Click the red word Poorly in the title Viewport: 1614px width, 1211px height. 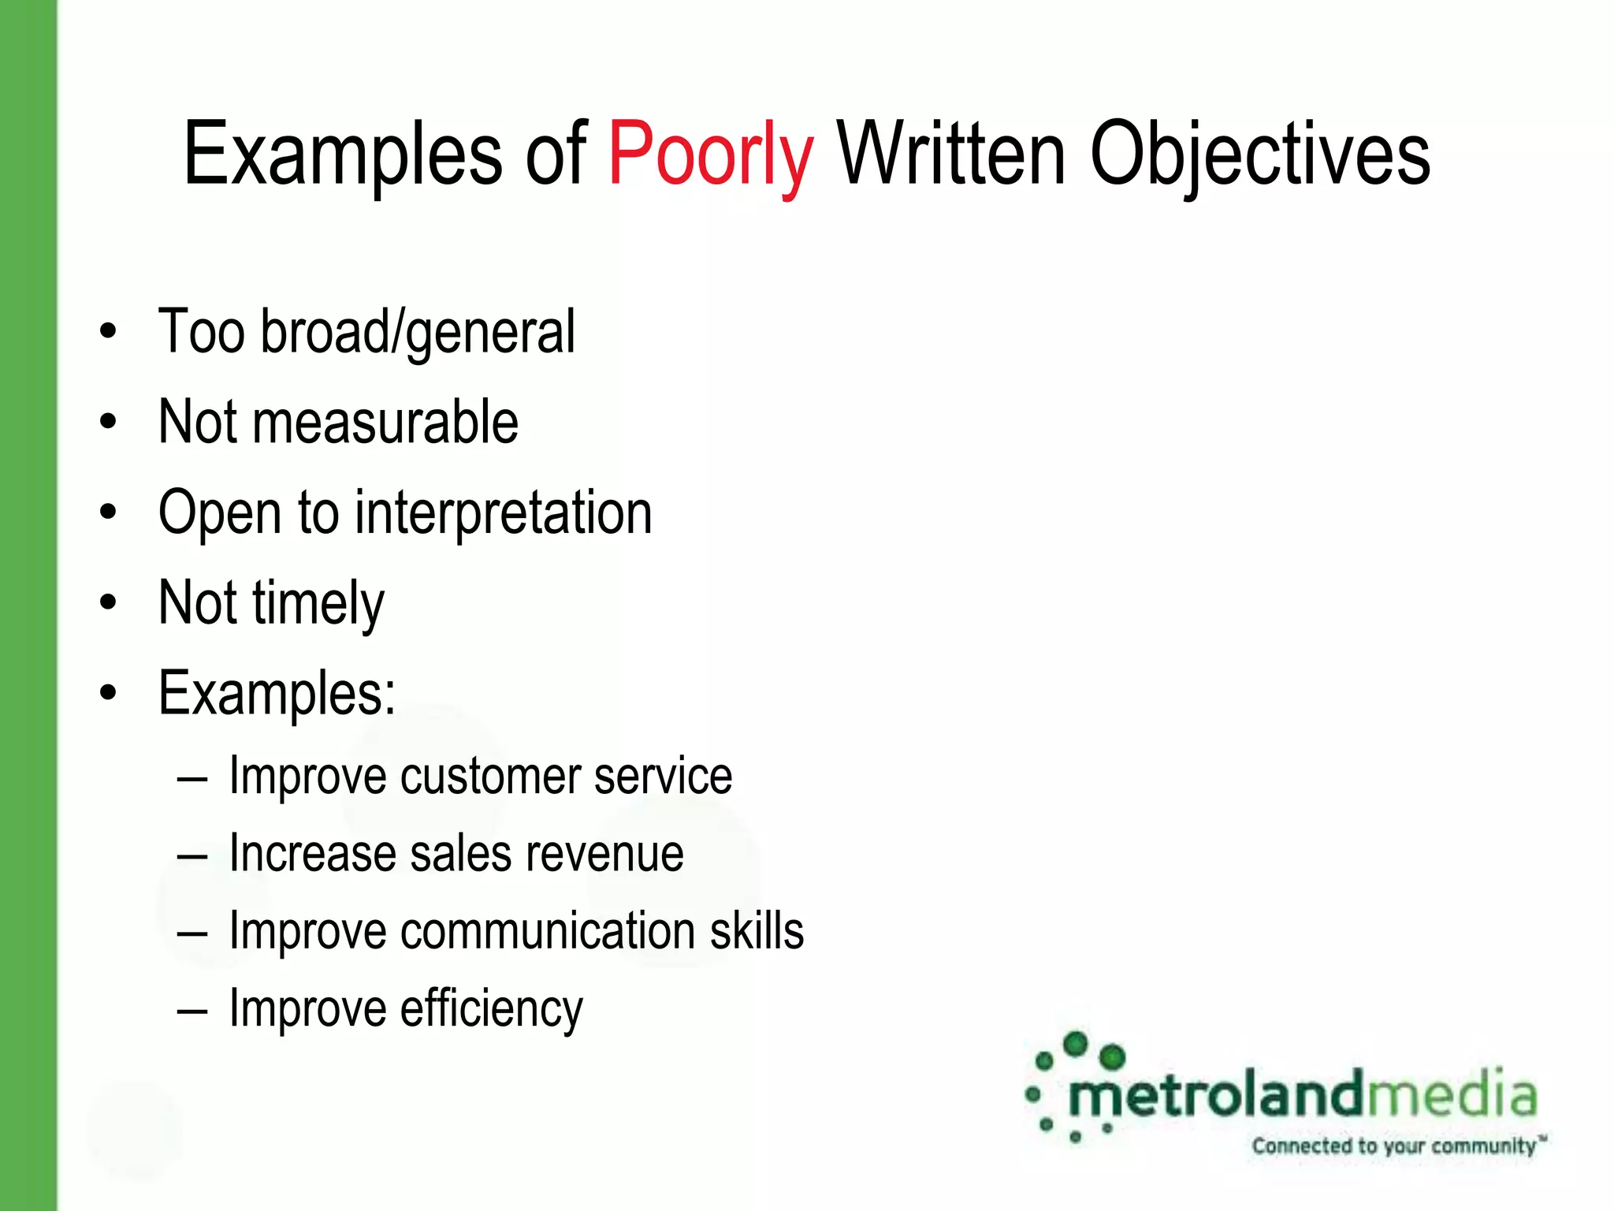[710, 154]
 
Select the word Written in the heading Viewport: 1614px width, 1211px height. [951, 154]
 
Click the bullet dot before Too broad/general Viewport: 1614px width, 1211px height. [109, 332]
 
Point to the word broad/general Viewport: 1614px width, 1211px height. [418, 332]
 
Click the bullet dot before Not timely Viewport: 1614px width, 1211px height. [109, 604]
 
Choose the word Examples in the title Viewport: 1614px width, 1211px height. [343, 154]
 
